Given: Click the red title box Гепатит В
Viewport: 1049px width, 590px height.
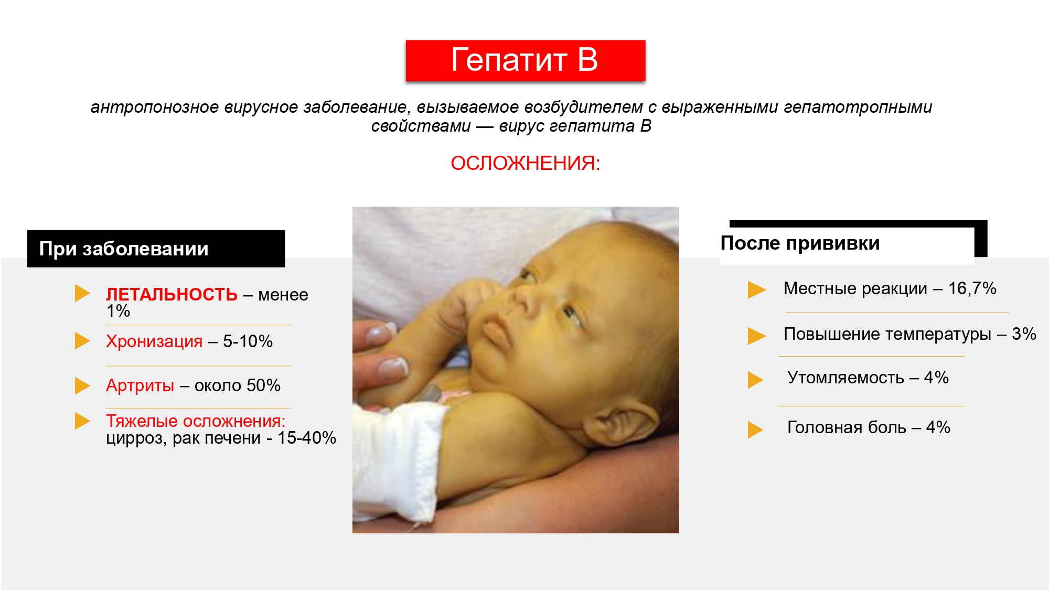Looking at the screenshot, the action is [x=526, y=60].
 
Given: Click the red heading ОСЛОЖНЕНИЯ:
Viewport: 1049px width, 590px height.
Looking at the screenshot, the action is [x=525, y=163].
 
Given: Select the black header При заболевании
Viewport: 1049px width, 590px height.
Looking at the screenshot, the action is [x=156, y=249].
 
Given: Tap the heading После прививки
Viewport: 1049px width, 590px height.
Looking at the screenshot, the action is [x=800, y=243].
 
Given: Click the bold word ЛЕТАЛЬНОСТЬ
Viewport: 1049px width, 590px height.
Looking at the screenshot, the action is [x=172, y=294].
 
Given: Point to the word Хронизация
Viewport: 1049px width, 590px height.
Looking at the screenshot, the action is [x=154, y=341].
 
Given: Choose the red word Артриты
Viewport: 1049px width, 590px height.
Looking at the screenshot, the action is [x=140, y=385].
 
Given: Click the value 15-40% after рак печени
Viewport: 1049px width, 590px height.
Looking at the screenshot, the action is [x=307, y=438].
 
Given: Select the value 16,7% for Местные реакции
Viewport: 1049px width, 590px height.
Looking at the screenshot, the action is [x=972, y=288].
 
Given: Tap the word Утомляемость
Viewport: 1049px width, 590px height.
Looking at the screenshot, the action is [x=845, y=378].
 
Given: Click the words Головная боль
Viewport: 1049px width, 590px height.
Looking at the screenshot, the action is [x=847, y=427].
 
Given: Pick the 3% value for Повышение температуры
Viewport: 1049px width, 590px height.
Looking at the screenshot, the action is [x=1024, y=334].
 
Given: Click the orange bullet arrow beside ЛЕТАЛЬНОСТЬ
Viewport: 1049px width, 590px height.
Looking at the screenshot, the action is [x=82, y=293].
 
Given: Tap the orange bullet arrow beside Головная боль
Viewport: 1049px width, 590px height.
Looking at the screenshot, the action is [x=755, y=430].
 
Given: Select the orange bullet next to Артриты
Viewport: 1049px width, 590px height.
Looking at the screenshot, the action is [x=82, y=385].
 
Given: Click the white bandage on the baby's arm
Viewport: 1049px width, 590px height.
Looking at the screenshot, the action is [x=399, y=462].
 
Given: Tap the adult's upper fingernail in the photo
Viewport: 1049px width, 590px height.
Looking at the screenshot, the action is [x=381, y=332].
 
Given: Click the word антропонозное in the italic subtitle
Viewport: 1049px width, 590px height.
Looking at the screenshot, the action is [x=155, y=108].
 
